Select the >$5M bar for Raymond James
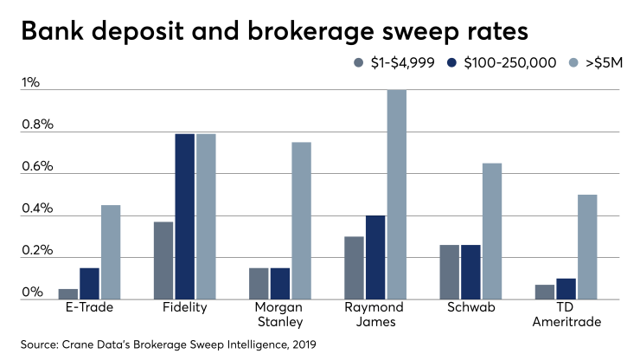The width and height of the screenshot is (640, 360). click(x=396, y=195)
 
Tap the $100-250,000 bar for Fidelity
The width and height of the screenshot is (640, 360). click(x=183, y=216)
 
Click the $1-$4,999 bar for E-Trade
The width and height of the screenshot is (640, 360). click(x=68, y=293)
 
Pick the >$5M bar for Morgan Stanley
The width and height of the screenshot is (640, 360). click(x=301, y=221)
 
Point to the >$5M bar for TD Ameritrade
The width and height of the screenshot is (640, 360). click(x=587, y=247)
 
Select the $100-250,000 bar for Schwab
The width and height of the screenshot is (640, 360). click(x=470, y=272)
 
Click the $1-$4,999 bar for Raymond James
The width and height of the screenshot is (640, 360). click(x=355, y=267)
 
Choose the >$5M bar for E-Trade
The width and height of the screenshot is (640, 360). click(x=111, y=252)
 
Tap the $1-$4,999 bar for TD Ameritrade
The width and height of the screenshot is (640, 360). click(x=545, y=292)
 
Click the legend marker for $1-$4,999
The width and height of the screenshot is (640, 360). click(x=359, y=63)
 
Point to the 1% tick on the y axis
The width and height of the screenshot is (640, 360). click(x=31, y=83)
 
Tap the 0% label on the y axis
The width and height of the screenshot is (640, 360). click(x=32, y=292)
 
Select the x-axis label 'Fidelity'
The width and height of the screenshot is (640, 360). click(x=183, y=308)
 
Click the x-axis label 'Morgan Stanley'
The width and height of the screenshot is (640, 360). click(x=279, y=315)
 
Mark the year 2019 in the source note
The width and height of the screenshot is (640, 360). click(x=302, y=344)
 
